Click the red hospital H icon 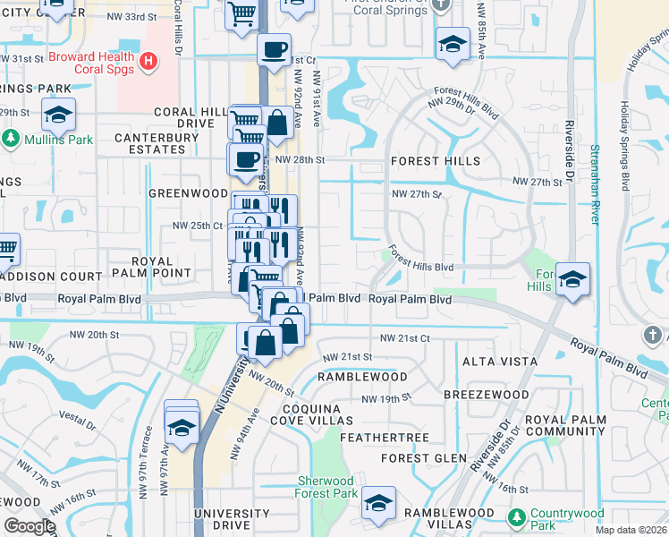coord(149,62)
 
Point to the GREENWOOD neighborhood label coord(188,192)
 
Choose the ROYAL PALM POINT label coord(161,266)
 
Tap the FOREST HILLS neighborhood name coord(435,161)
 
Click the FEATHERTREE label coord(390,438)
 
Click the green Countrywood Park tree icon coord(516,516)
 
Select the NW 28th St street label coord(299,158)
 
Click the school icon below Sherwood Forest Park coord(379,505)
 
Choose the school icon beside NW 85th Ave coord(453,45)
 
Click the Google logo coord(30,526)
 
